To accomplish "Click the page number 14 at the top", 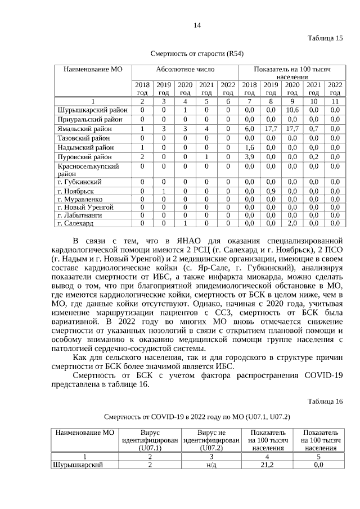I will point(197,25).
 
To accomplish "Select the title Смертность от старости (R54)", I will point(197,54).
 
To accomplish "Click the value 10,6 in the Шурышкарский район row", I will point(292,110).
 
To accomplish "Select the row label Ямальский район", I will point(84,129).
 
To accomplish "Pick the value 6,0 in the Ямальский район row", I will point(250,129).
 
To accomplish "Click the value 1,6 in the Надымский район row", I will point(250,147).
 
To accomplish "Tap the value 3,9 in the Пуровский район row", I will point(250,157).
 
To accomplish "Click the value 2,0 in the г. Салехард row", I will point(292,223).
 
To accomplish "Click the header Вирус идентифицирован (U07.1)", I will point(150,440).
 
